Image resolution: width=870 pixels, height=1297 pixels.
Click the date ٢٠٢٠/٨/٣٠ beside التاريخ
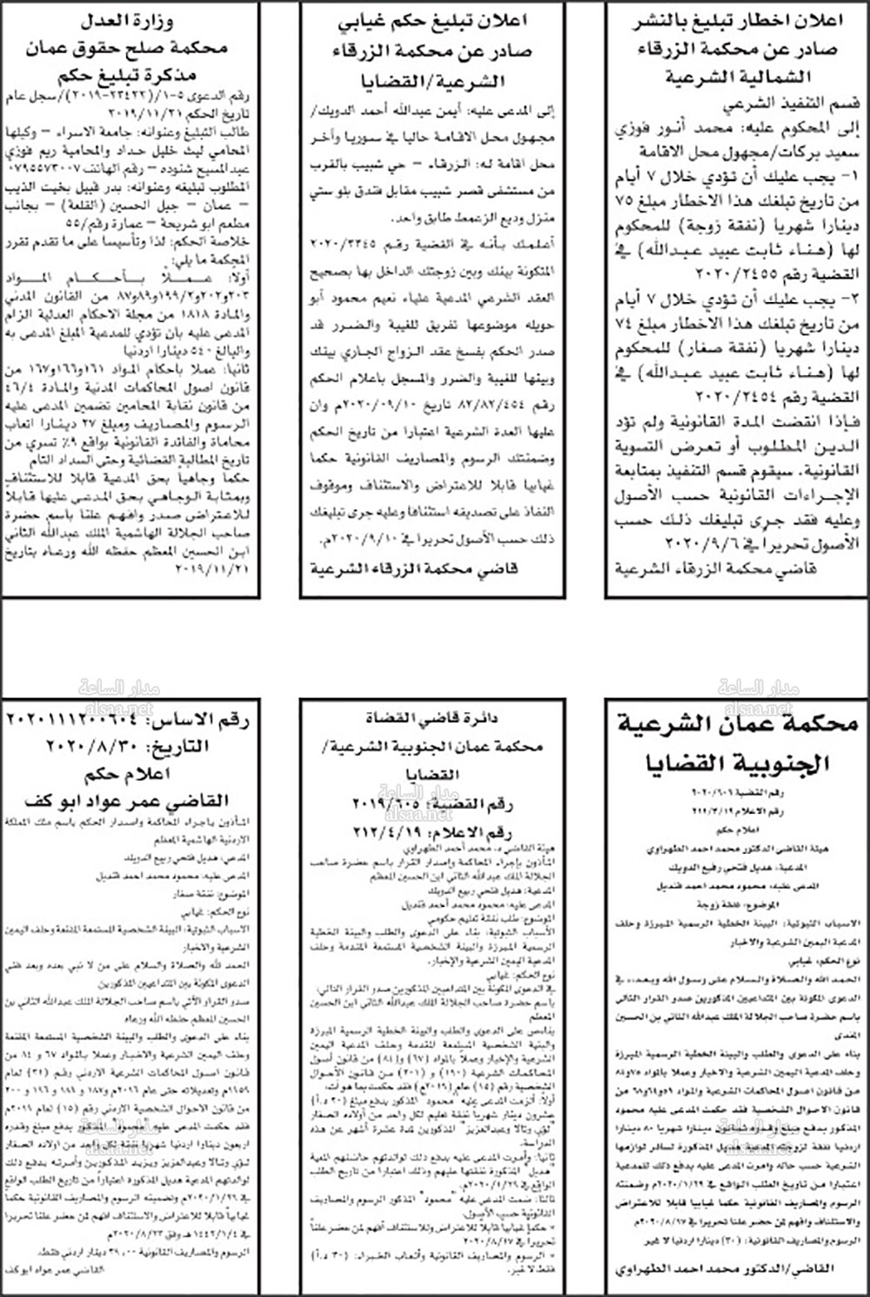click(97, 747)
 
